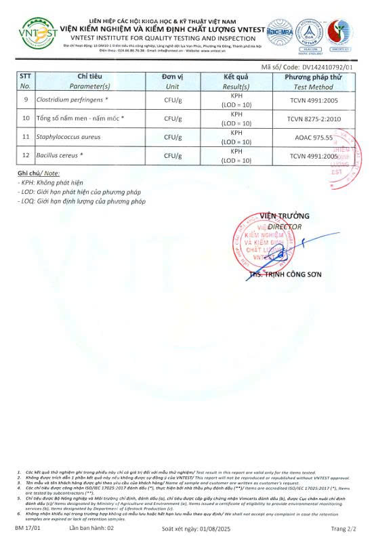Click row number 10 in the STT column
26,119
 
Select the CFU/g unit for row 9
172,100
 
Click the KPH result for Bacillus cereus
236,152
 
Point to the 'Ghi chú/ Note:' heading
34,174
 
